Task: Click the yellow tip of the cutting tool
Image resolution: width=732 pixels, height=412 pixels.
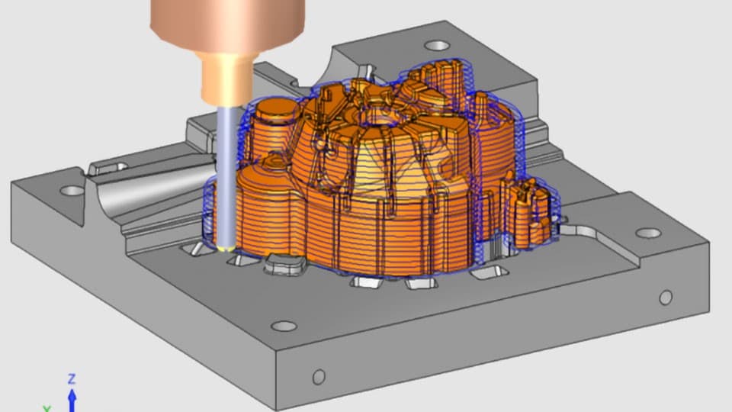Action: tap(226, 249)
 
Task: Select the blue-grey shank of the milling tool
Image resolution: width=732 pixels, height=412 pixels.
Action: tap(226, 176)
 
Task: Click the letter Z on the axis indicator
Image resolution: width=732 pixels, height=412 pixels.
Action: tap(72, 378)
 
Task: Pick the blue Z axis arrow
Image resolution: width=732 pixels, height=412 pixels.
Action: tap(72, 400)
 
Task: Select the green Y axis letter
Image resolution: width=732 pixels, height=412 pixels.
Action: tap(47, 409)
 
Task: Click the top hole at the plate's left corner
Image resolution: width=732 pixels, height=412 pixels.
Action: tap(72, 191)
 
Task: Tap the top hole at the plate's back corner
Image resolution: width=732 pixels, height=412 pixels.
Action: tap(437, 46)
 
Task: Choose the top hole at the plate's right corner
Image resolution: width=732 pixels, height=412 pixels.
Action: tap(648, 233)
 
